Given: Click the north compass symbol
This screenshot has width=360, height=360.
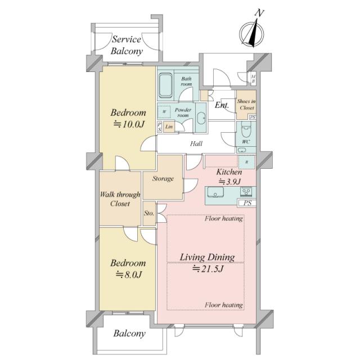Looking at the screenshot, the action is [251, 32].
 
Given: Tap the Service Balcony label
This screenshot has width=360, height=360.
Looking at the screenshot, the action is [127, 45].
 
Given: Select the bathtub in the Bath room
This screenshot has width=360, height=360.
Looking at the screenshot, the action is [165, 85].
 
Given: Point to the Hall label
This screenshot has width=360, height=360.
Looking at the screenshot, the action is [196, 144].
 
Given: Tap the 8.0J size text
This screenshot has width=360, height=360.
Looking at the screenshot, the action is [129, 274].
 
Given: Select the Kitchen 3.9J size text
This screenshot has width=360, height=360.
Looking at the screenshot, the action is [229, 182].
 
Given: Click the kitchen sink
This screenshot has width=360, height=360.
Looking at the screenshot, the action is [215, 192].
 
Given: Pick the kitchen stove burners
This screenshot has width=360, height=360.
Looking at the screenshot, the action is [246, 192].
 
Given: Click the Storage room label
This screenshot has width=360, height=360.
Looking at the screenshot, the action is [163, 178].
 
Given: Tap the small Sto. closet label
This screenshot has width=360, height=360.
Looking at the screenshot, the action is [149, 213].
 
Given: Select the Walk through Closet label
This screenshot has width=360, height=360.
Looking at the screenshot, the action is [120, 199].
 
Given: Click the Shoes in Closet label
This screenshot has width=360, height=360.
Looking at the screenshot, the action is [246, 105].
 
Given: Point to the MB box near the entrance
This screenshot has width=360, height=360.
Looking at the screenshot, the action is [253, 79].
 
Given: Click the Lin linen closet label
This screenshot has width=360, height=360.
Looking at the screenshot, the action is [169, 127].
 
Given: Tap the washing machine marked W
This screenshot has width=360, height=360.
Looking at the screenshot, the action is [164, 112].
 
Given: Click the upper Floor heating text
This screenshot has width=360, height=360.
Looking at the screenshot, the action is [224, 218].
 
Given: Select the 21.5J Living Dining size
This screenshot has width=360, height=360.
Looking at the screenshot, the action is [208, 269].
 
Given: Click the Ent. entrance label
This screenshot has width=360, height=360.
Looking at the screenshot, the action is [222, 105].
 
